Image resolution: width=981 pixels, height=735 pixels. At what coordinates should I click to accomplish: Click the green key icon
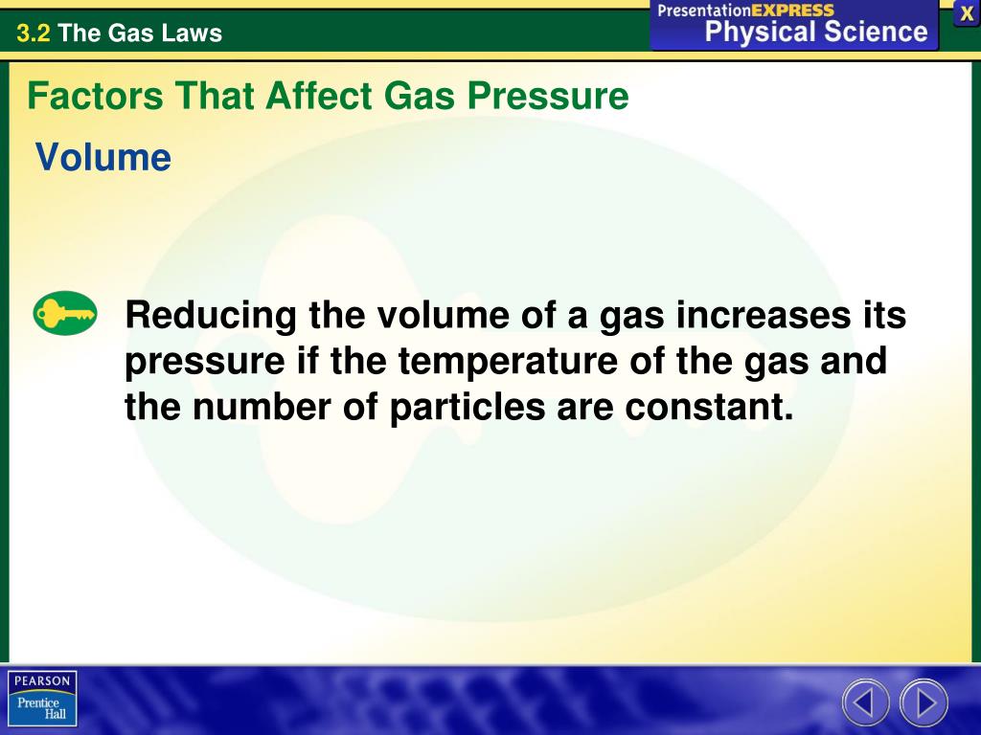click(x=65, y=314)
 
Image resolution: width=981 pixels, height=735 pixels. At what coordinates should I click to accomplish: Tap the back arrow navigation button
click(x=865, y=702)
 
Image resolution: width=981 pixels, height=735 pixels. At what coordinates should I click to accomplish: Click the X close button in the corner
click(x=967, y=13)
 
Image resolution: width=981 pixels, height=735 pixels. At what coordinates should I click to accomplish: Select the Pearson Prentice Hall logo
click(x=42, y=698)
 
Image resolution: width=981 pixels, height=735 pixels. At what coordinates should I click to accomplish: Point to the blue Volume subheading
click(x=103, y=157)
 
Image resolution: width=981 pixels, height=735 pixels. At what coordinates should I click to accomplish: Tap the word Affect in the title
click(x=322, y=97)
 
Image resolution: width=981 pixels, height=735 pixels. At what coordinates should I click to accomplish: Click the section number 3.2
click(x=33, y=33)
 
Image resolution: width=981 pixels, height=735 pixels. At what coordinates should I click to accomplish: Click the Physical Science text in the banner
click(x=816, y=32)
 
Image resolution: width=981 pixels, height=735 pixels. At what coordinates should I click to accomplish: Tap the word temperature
click(x=507, y=362)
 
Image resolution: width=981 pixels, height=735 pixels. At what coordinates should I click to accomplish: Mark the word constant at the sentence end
click(x=710, y=408)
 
